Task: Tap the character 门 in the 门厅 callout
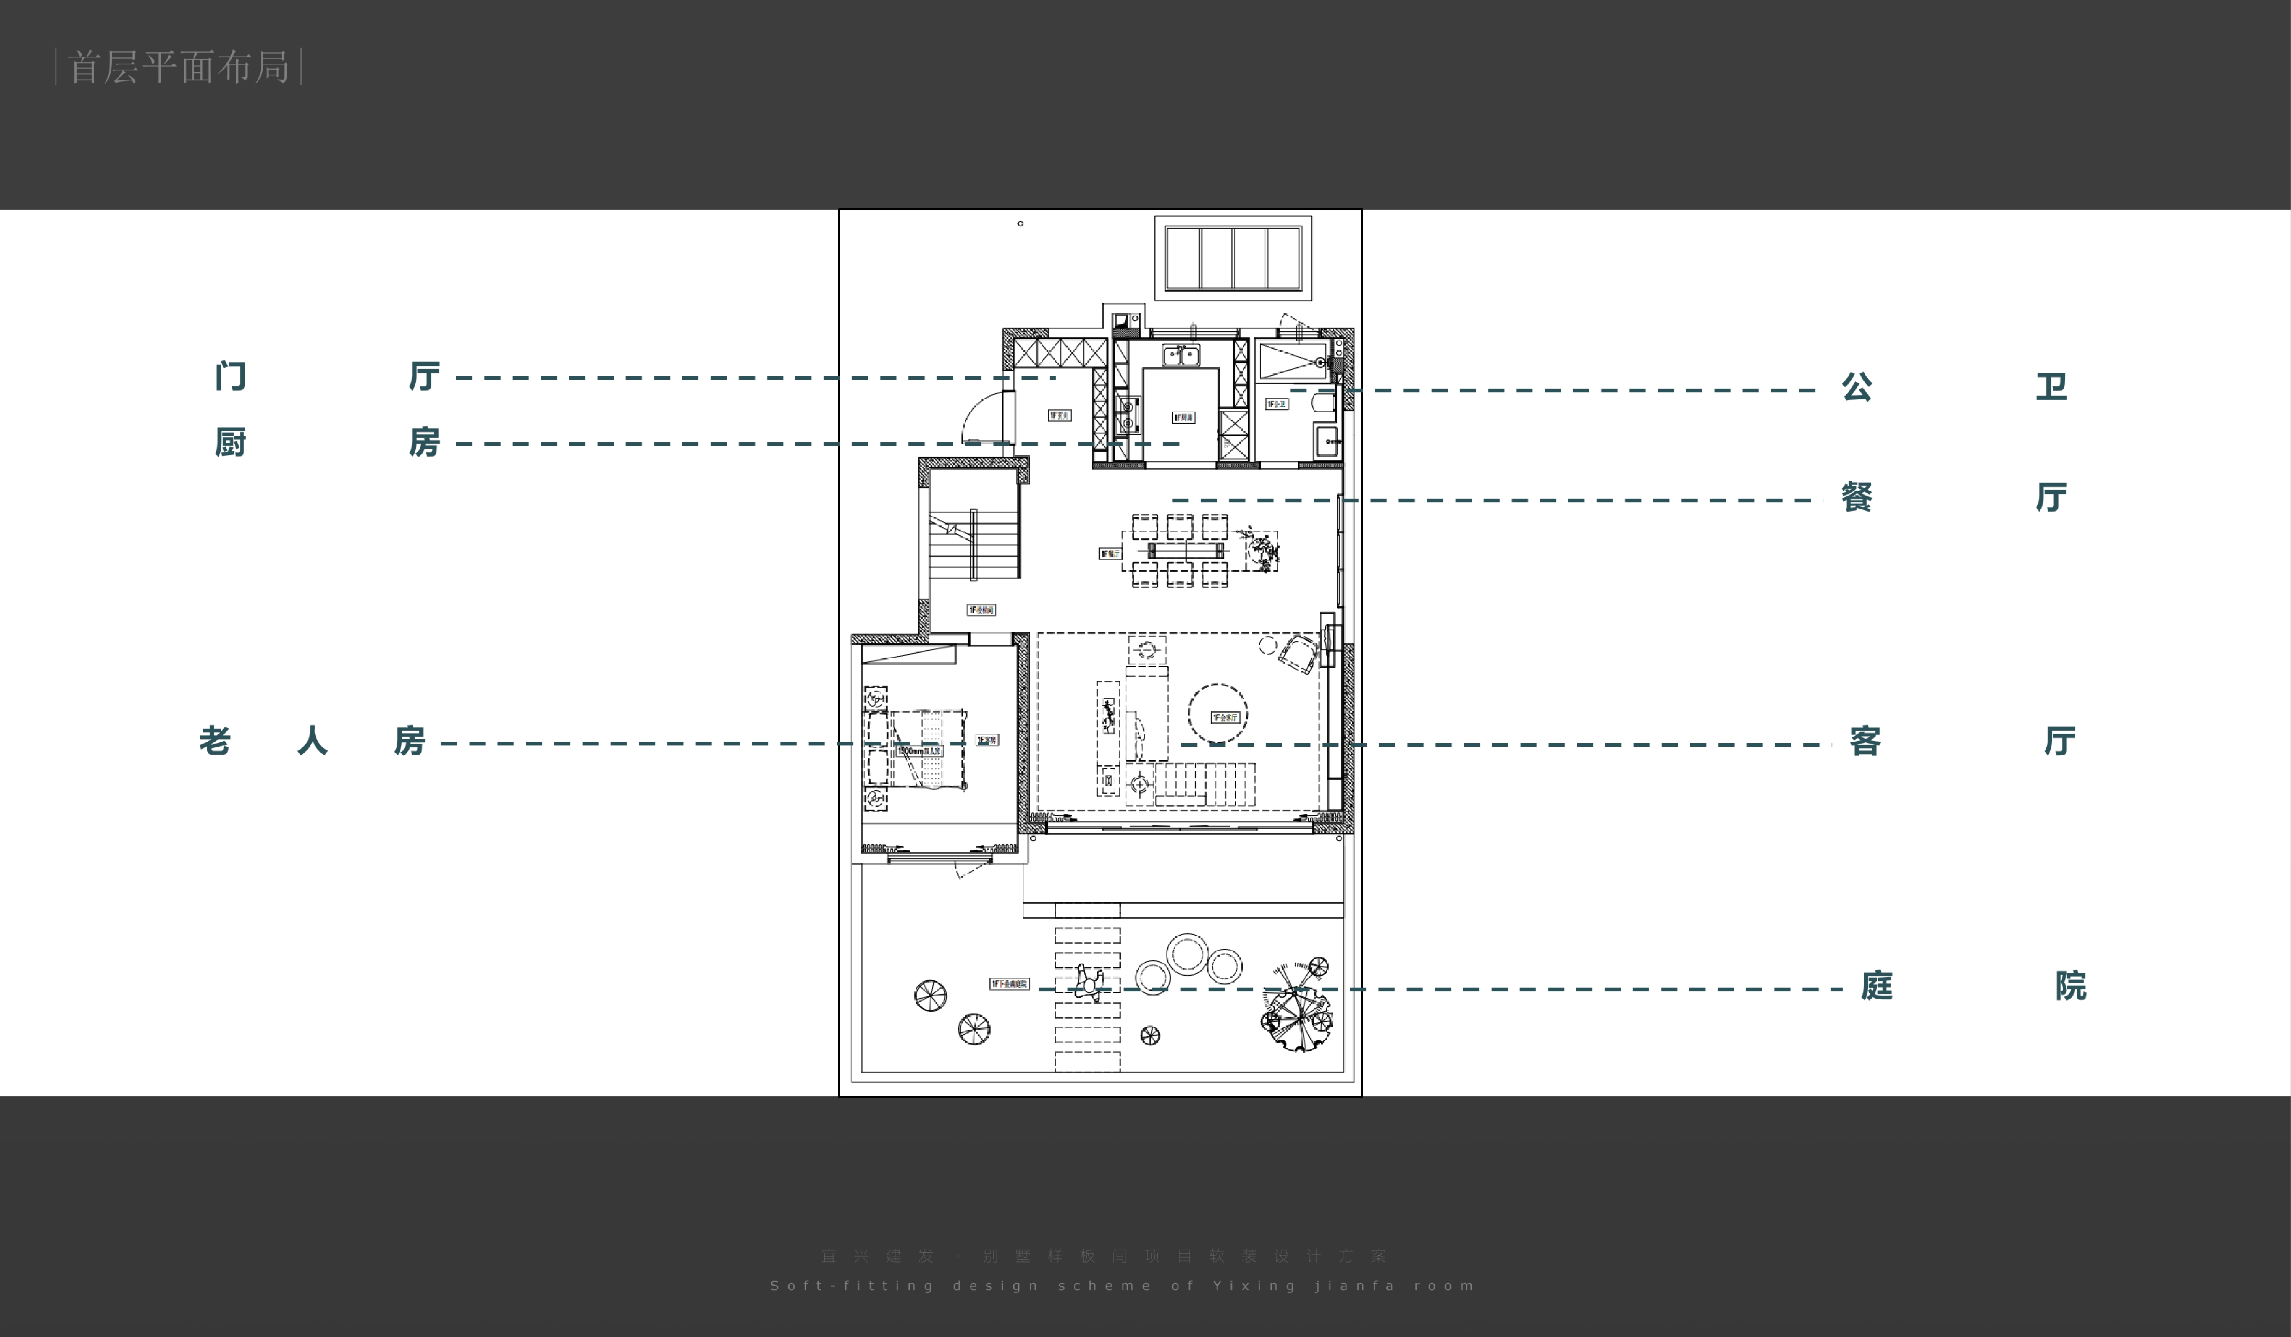click(x=230, y=376)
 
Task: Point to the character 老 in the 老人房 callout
click(x=215, y=740)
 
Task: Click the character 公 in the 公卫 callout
click(x=1856, y=386)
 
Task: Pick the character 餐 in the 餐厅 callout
click(x=1856, y=497)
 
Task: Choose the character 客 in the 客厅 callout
click(x=1865, y=740)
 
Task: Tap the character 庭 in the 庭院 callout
click(x=1876, y=985)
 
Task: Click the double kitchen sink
click(x=1181, y=355)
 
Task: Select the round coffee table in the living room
click(x=1217, y=714)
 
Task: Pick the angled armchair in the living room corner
click(x=1298, y=653)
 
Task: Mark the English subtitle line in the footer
click(x=1122, y=1285)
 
